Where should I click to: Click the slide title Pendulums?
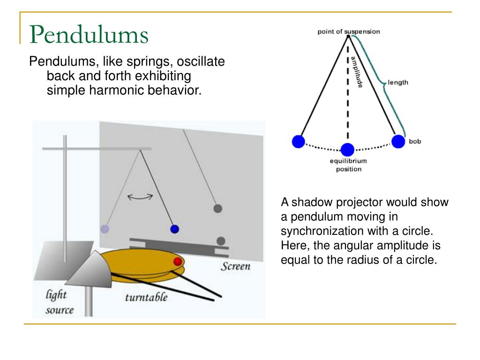coord(89,35)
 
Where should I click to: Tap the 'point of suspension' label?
coord(349,32)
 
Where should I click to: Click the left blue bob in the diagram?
coord(298,141)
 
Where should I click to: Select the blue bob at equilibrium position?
coord(347,150)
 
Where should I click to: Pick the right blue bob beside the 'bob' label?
coord(398,141)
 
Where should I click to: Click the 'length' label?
coord(398,82)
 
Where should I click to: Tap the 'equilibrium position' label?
coord(348,165)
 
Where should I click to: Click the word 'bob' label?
coord(415,141)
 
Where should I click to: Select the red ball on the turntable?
coord(178,261)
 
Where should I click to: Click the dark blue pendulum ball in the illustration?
coord(175,229)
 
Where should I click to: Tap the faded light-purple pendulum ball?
coord(105,229)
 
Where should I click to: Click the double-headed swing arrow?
coord(141,197)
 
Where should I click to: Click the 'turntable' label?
coord(146,297)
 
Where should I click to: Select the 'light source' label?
coord(59,302)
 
